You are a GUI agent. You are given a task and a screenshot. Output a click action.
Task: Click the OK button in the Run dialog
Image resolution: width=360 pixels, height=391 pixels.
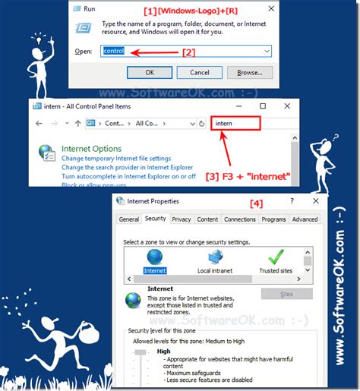(150, 72)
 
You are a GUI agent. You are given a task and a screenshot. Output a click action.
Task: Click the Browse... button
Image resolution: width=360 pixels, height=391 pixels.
(250, 72)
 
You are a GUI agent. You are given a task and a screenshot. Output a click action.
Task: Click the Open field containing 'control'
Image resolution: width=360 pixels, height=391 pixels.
(187, 51)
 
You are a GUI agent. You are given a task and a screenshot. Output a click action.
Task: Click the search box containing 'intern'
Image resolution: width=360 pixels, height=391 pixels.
(235, 122)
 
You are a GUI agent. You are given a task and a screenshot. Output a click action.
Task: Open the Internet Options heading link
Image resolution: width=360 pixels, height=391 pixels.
(91, 149)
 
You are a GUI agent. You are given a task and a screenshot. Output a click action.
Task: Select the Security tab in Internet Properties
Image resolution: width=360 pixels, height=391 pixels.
(155, 219)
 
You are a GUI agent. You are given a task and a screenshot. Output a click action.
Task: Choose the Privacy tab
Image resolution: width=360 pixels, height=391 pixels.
(182, 219)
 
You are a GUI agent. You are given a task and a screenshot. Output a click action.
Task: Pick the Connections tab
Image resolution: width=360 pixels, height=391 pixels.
(240, 219)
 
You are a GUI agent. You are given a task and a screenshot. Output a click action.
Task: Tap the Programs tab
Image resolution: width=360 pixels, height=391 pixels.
(273, 219)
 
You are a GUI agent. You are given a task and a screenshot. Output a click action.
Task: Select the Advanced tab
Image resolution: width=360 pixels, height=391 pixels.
(305, 219)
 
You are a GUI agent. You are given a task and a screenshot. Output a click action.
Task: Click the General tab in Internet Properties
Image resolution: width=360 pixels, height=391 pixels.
(129, 219)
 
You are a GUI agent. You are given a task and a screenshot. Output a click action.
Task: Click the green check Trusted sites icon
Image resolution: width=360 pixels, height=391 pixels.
(275, 257)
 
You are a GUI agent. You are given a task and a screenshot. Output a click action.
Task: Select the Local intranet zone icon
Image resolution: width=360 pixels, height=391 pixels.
(214, 258)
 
